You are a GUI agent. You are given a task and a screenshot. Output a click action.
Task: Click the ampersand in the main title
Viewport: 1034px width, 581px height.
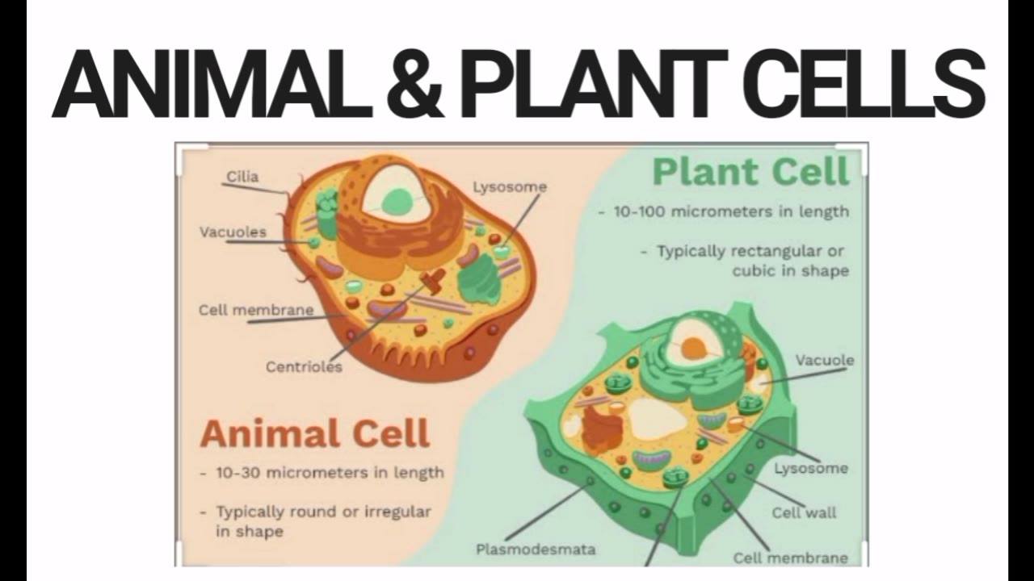coord(415,83)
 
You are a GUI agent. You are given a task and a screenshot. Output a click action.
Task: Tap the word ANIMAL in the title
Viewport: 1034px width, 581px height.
coord(213,83)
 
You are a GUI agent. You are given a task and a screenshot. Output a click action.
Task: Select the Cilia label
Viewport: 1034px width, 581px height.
coord(242,177)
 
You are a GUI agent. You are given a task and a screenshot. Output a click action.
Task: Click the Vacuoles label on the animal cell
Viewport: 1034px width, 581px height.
coord(233,232)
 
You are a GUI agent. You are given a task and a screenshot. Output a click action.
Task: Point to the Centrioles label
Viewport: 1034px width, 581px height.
coord(305,367)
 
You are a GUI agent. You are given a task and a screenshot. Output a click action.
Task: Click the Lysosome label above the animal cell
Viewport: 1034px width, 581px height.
coord(510,186)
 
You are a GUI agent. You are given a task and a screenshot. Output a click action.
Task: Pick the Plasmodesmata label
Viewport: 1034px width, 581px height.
coord(536,550)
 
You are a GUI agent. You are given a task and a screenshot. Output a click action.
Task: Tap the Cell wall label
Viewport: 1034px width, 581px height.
coord(804,512)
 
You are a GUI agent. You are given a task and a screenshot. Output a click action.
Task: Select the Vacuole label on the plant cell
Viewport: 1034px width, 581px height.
coord(825,360)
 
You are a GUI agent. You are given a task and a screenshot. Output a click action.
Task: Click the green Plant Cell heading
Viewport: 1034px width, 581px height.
coord(751,172)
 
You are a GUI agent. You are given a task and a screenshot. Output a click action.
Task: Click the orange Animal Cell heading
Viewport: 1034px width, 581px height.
coord(315,434)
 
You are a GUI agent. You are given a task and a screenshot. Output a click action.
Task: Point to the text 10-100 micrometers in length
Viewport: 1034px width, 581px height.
coord(732,211)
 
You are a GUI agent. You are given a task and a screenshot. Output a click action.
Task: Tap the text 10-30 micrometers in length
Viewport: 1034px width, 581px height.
coord(330,473)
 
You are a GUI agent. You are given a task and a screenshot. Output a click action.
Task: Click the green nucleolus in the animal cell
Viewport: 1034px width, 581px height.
coord(397,201)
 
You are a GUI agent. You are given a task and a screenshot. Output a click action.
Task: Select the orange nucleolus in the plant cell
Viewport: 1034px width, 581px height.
coord(693,348)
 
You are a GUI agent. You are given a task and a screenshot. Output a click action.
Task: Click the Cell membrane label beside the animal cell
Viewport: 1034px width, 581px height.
coord(256,310)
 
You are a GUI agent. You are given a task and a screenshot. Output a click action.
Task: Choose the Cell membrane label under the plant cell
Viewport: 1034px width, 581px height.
coord(791,558)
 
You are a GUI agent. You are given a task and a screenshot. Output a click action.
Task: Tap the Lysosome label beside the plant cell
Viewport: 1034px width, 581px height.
coord(811,469)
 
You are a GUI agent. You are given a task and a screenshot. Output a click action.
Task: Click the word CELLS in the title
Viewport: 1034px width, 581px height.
coord(864,83)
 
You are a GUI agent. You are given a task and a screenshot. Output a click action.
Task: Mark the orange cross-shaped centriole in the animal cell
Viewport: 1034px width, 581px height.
coord(433,280)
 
